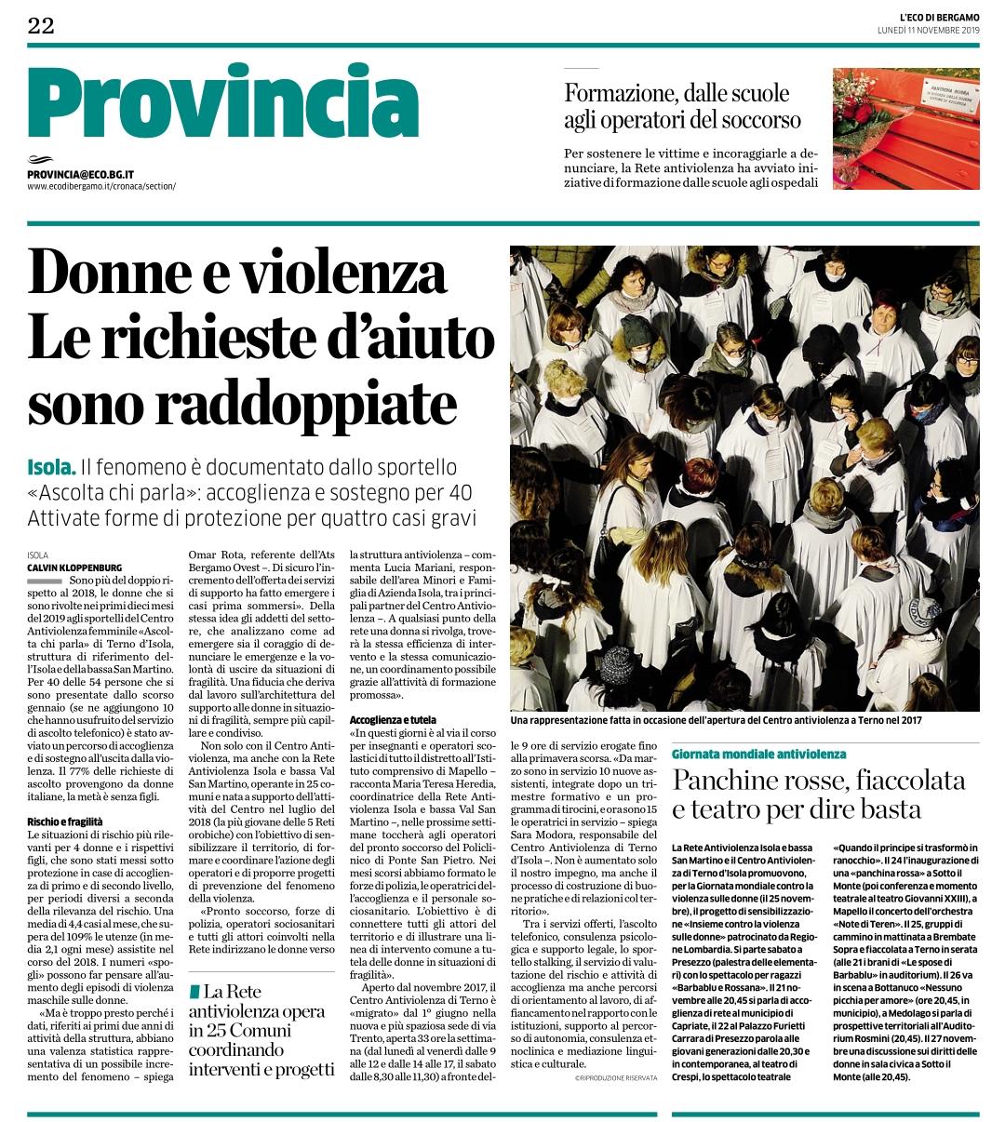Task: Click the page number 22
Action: click(41, 25)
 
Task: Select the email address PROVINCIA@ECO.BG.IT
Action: click(81, 174)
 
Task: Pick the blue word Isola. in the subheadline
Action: click(51, 467)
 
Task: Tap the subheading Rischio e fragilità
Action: click(65, 821)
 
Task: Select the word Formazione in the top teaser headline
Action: click(618, 93)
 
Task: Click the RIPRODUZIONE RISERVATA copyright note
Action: click(615, 1077)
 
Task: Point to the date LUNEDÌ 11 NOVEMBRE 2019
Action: click(929, 31)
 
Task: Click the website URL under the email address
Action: click(101, 186)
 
